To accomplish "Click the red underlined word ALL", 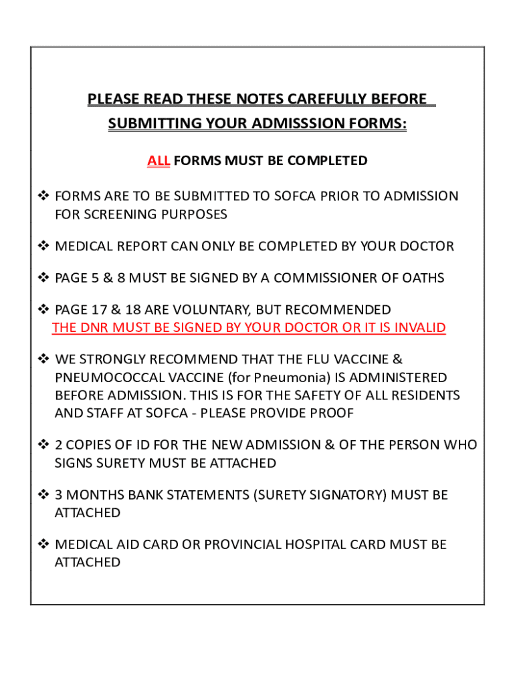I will [x=159, y=161].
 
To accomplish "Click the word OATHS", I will [x=423, y=278].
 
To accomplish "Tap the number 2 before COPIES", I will [x=59, y=446].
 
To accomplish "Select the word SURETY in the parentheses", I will [x=279, y=496].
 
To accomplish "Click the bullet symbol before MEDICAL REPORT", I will [x=43, y=246].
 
